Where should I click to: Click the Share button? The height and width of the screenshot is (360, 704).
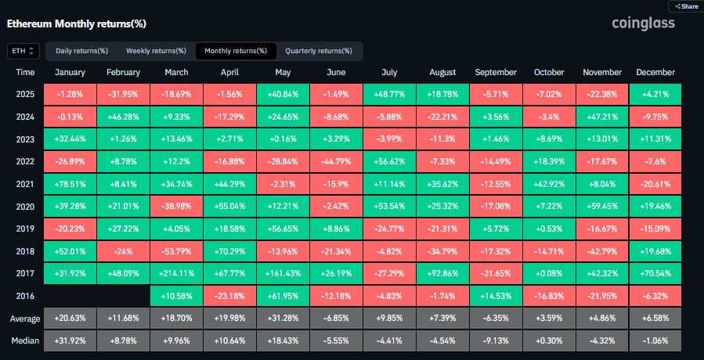686,5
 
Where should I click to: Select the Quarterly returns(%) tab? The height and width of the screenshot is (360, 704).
319,51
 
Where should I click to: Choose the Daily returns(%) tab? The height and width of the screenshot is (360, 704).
81,51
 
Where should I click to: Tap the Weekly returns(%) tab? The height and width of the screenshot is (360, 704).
156,51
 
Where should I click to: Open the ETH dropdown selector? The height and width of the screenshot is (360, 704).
23,51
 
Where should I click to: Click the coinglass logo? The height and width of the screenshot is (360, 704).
643,23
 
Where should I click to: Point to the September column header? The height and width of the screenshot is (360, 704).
496,72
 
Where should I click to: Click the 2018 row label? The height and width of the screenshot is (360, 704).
24,251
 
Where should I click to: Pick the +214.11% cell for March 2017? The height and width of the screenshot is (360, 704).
176,273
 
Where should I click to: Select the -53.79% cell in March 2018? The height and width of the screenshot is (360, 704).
176,251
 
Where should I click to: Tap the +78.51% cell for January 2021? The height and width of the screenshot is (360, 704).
70,184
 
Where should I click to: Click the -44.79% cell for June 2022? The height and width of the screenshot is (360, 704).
336,161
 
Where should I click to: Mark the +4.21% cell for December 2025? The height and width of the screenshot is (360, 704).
655,95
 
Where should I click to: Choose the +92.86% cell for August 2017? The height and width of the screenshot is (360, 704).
442,273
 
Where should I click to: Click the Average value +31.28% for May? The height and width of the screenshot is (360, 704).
283,319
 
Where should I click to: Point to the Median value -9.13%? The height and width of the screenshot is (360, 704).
496,340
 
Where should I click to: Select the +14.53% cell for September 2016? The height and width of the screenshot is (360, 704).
496,296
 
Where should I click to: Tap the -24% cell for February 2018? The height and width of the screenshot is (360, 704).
123,251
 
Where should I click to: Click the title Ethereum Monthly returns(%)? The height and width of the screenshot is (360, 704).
76,24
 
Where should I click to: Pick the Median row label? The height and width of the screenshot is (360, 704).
25,341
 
